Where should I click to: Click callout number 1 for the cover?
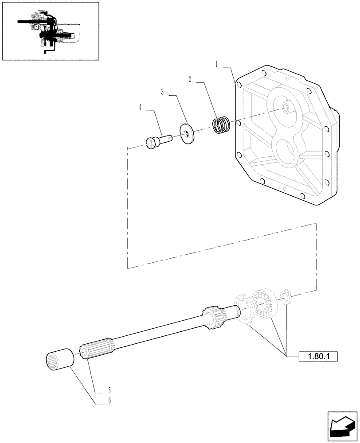coord(217,64)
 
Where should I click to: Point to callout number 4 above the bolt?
coord(140,108)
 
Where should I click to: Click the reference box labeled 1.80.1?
coord(318,356)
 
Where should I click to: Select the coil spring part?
coord(221,124)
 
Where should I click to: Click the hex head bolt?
coord(157,141)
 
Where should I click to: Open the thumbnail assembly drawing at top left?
coord(50,31)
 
